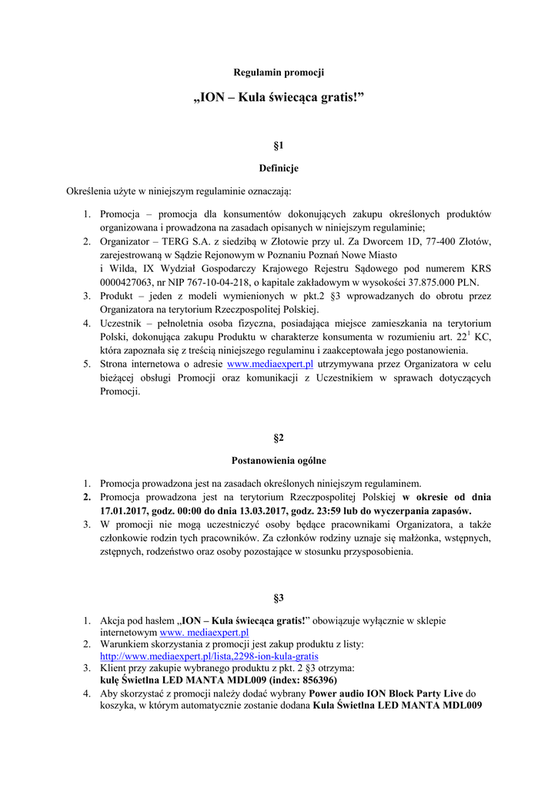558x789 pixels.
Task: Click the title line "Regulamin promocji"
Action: [x=279, y=72]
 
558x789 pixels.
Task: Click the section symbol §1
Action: [x=279, y=145]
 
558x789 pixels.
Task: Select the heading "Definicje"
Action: [x=279, y=168]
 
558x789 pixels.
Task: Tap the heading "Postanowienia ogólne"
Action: [x=279, y=461]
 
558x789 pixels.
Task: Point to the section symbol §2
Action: [x=279, y=438]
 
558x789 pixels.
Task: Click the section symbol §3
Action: [x=279, y=598]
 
